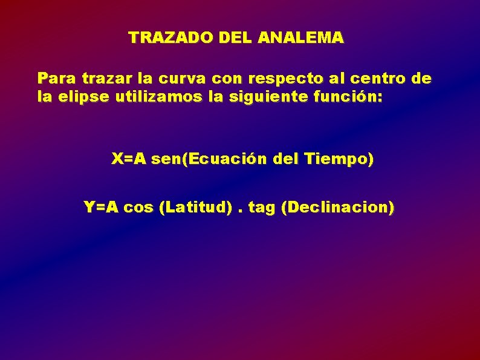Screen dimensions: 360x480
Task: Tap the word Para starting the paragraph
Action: [56, 78]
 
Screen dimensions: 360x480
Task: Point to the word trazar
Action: [103, 78]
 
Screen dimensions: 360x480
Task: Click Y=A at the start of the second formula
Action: [101, 208]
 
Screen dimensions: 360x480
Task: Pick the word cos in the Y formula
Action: [138, 208]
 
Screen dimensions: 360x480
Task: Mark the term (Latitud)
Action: [195, 208]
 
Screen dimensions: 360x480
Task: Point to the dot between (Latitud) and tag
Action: [241, 212]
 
